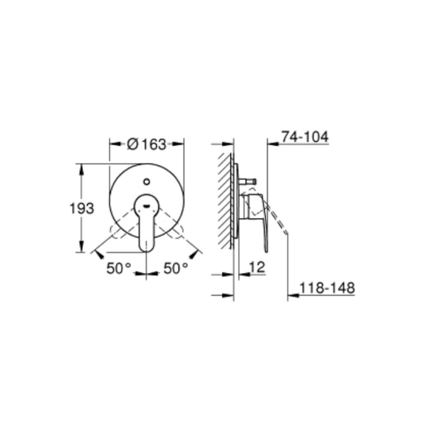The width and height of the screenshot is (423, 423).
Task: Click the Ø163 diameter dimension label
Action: click(x=147, y=144)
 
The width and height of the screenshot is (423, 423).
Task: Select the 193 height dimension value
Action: click(x=81, y=208)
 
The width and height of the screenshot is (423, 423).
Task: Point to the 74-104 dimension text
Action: click(x=305, y=137)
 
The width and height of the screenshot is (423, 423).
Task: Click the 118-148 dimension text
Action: click(x=327, y=288)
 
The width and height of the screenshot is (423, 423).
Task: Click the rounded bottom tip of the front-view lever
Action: click(x=146, y=247)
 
